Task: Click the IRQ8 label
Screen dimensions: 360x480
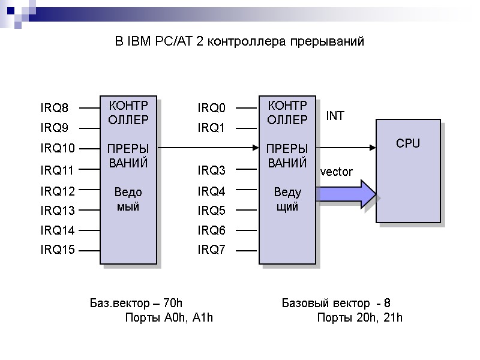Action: [55, 109]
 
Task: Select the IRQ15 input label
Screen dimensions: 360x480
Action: [58, 250]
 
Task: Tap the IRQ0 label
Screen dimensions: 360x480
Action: [212, 109]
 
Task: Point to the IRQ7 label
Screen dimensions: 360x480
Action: [212, 250]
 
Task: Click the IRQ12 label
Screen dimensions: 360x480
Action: [58, 191]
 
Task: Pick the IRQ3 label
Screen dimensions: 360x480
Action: [212, 171]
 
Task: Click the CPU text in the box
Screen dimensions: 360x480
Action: [408, 143]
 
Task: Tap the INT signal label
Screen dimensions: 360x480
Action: [335, 116]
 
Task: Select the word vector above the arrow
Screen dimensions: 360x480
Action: [337, 172]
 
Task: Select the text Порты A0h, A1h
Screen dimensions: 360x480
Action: [169, 317]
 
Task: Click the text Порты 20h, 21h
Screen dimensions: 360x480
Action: [359, 317]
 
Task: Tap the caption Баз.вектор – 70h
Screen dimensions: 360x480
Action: [136, 302]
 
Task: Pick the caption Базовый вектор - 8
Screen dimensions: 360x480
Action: [336, 302]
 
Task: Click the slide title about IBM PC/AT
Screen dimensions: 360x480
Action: [239, 42]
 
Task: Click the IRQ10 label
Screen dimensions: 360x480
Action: [58, 148]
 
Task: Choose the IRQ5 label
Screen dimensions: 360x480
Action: [212, 211]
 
